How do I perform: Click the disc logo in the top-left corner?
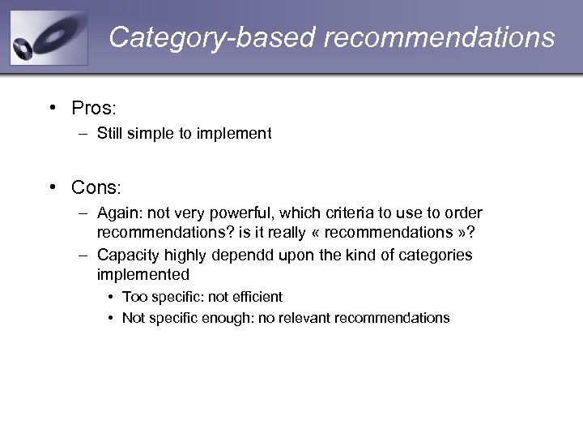[48, 38]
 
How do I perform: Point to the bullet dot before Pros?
[52, 108]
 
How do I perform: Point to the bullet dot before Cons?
[52, 187]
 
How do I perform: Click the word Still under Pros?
[109, 134]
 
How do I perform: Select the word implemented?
[143, 275]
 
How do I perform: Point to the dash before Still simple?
[83, 134]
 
